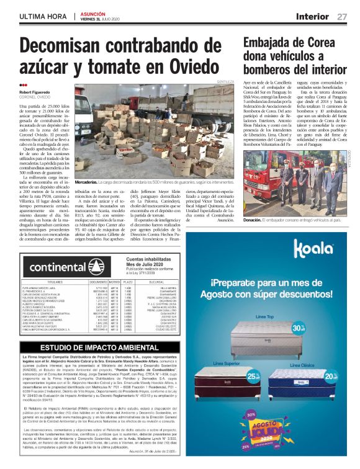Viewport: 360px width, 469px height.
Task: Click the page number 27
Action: (x=342, y=16)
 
